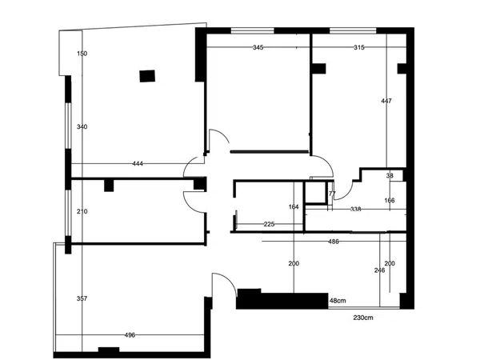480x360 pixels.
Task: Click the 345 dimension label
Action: click(x=258, y=47)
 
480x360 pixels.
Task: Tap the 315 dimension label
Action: click(x=359, y=47)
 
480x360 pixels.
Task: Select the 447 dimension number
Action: click(x=386, y=101)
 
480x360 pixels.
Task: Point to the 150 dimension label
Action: click(x=82, y=54)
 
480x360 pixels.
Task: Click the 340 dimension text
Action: click(x=82, y=126)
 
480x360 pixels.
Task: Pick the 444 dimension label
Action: click(x=138, y=164)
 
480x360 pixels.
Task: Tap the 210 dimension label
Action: click(x=82, y=211)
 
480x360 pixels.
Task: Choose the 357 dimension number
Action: click(x=82, y=298)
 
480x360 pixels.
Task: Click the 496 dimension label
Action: click(x=130, y=335)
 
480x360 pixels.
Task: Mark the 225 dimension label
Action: click(x=269, y=224)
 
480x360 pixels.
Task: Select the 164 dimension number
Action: click(x=294, y=207)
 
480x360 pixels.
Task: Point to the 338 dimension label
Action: click(x=356, y=209)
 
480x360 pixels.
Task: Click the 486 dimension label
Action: click(x=334, y=242)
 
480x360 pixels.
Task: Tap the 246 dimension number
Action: click(x=379, y=270)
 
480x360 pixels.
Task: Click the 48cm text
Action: click(x=338, y=301)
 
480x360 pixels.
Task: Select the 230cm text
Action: click(x=363, y=318)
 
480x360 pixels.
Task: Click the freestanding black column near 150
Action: click(x=147, y=76)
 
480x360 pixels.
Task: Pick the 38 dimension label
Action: click(x=390, y=176)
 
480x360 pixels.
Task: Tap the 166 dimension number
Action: click(x=390, y=201)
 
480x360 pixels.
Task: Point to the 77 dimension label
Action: click(x=332, y=194)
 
